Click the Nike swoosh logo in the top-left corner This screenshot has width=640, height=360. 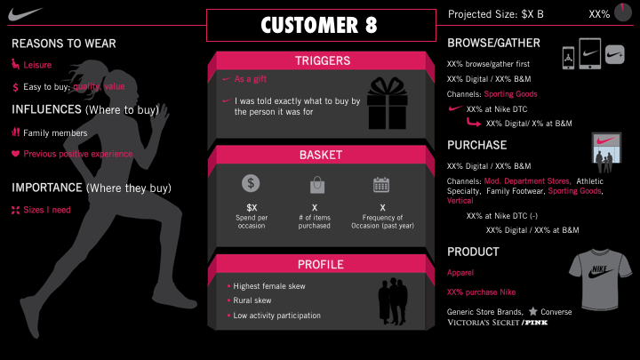coord(24,14)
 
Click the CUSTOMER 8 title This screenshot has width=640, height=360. coord(319,25)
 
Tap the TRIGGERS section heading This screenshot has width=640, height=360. coord(323,60)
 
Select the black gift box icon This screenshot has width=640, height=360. coord(388,103)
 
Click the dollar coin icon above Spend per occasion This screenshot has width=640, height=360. coord(251,183)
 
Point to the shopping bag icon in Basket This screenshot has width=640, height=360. coord(317,185)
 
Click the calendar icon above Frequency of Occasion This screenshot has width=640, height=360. coord(381,185)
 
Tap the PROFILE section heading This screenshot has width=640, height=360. coord(320,265)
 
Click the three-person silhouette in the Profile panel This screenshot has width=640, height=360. coord(393,301)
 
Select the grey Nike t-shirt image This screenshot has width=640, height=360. coord(600,280)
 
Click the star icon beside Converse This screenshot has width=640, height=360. coord(533,311)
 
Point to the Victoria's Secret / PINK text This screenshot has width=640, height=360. coord(498,323)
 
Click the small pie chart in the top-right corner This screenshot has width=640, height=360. coord(623,12)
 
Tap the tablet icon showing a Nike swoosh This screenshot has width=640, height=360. coord(590,53)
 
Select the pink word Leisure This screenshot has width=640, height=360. coord(37,65)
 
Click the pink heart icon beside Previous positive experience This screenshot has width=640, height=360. coord(15,154)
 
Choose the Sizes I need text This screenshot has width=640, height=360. coord(47,210)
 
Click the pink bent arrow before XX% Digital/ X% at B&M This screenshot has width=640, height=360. coord(474,122)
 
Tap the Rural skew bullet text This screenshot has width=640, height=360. coord(252,300)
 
